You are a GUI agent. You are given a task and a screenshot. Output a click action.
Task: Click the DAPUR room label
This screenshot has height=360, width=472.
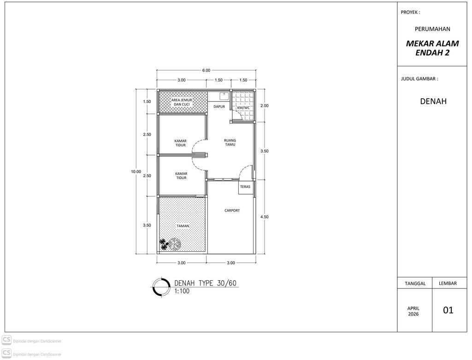pos(219,106)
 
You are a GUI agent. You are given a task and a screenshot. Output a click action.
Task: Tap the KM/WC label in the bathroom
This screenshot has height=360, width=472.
pos(243,108)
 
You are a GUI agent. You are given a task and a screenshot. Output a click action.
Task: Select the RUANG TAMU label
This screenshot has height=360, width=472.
pos(230,142)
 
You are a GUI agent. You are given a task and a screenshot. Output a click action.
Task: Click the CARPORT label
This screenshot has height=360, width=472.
pos(232,210)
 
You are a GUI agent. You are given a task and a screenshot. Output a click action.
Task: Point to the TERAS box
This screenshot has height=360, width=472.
pos(245,187)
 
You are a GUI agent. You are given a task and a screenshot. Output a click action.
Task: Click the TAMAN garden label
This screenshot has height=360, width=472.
pos(183,226)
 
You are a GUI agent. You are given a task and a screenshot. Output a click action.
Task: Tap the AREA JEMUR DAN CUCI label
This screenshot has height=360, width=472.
pos(182,102)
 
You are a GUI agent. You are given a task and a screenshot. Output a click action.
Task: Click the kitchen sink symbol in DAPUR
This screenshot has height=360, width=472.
pos(224,96)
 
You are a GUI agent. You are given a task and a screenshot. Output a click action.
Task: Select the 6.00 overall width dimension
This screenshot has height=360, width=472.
pos(206,71)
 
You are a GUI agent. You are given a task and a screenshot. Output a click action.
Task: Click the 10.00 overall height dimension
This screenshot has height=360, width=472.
pos(136,171)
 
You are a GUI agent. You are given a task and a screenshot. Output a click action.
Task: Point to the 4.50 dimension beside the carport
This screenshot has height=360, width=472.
pos(264,217)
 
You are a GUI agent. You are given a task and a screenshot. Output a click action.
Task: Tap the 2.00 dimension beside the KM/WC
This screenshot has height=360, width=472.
pos(264,106)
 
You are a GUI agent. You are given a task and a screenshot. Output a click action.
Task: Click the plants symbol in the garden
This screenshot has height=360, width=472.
pos(170,244)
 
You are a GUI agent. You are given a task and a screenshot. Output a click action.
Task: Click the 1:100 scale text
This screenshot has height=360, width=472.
pos(182,291)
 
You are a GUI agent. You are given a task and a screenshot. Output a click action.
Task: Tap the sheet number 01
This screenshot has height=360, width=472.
pos(448,310)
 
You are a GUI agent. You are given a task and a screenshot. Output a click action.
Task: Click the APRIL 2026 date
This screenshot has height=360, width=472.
pos(413,311)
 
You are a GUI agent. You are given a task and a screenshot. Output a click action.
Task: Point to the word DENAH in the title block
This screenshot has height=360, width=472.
pos(433,101)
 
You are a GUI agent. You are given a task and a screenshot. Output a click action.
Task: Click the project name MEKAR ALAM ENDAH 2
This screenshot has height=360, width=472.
pos(432,48)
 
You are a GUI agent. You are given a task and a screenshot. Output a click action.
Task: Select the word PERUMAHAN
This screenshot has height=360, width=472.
pos(432,29)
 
